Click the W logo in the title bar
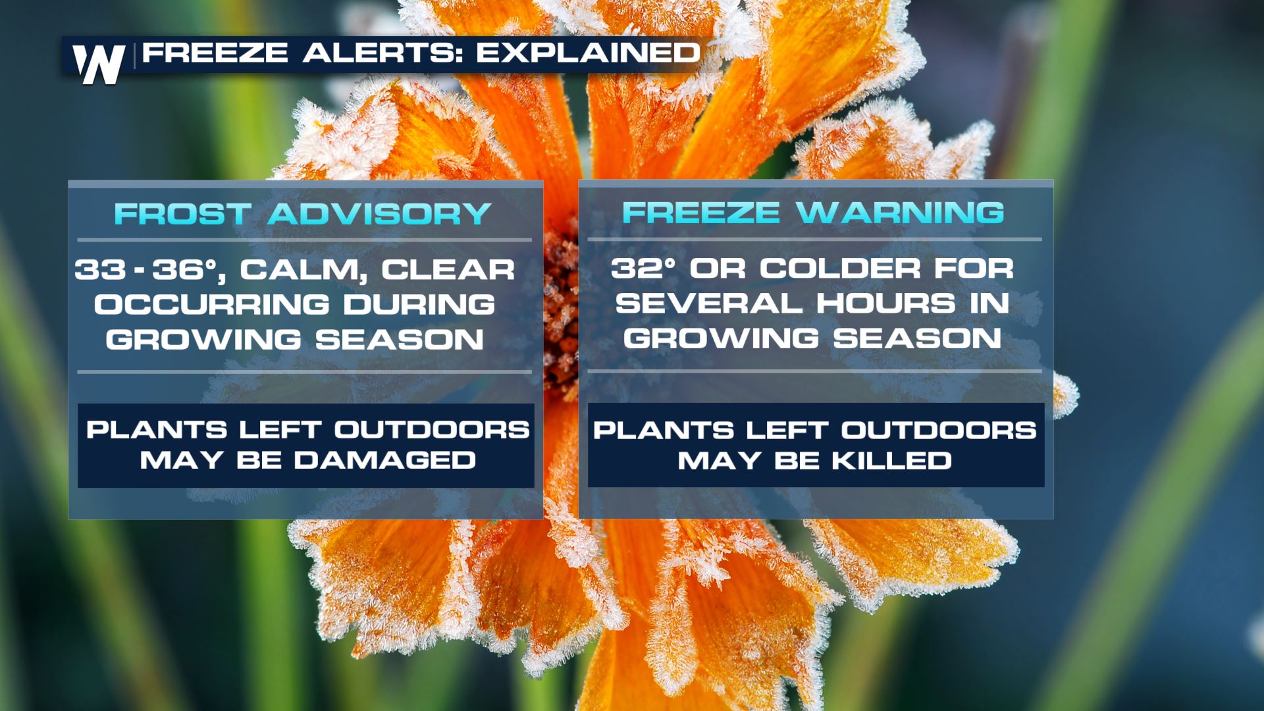click(99, 64)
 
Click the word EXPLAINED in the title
click(588, 53)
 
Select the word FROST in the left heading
click(182, 214)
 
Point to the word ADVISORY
click(379, 214)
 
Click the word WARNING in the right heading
click(900, 213)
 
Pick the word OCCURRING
click(211, 305)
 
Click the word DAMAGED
click(384, 460)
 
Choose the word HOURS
click(885, 303)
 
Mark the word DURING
click(419, 305)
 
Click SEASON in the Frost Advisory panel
click(400, 340)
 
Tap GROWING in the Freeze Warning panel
click(722, 338)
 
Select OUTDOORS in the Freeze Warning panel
click(939, 431)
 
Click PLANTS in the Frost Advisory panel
click(157, 430)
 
